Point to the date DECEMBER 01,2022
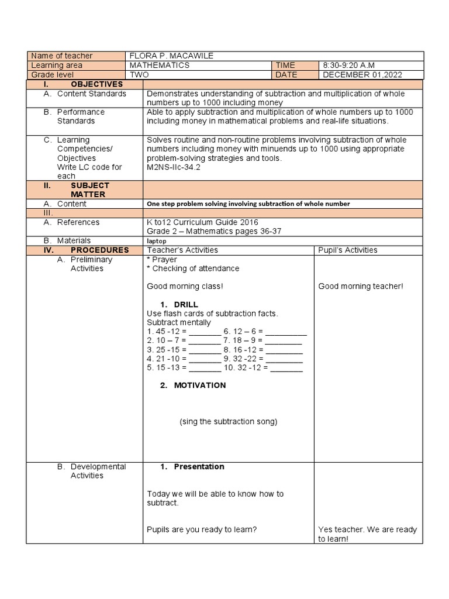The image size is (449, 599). click(x=362, y=75)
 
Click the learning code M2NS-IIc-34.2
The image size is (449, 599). click(x=174, y=167)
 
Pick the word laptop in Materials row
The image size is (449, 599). click(x=157, y=241)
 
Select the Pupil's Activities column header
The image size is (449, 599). click(x=347, y=250)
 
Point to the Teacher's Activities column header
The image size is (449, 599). click(x=182, y=250)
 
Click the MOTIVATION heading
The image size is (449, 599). click(x=199, y=385)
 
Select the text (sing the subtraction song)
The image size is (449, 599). click(x=228, y=422)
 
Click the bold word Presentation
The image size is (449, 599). click(x=199, y=467)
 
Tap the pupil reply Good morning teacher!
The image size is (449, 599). click(x=361, y=287)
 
